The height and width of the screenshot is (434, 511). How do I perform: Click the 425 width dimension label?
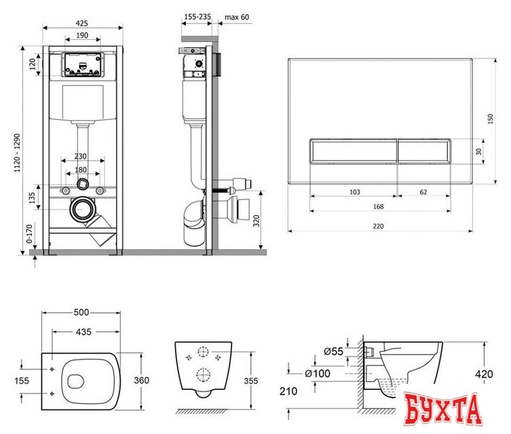point(82,23)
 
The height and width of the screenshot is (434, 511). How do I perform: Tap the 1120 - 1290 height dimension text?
point(17,153)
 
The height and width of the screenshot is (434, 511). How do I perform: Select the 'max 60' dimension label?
point(237,17)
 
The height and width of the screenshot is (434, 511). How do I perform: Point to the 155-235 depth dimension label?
point(197,16)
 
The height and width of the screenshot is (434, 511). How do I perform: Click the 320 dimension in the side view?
point(257,221)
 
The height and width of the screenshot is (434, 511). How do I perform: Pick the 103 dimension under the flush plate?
point(355,192)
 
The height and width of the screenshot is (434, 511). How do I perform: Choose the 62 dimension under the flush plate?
point(423,192)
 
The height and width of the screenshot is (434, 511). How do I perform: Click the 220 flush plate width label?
point(378,226)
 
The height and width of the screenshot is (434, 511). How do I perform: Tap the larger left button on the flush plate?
point(353,151)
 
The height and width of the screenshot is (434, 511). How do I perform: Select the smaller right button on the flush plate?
point(424,151)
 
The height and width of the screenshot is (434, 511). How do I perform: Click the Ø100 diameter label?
point(318,374)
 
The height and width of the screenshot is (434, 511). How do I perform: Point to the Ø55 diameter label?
point(334,351)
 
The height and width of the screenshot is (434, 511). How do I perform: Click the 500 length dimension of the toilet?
point(81,312)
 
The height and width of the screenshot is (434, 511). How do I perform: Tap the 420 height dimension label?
point(484,374)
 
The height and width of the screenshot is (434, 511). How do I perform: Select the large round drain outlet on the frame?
point(81,210)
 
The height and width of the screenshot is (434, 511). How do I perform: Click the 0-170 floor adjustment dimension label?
point(29,233)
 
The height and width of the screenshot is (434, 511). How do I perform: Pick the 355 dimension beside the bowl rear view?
point(251,380)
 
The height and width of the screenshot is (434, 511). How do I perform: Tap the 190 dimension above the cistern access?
point(82,35)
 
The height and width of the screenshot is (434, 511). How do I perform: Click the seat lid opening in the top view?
point(75,381)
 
